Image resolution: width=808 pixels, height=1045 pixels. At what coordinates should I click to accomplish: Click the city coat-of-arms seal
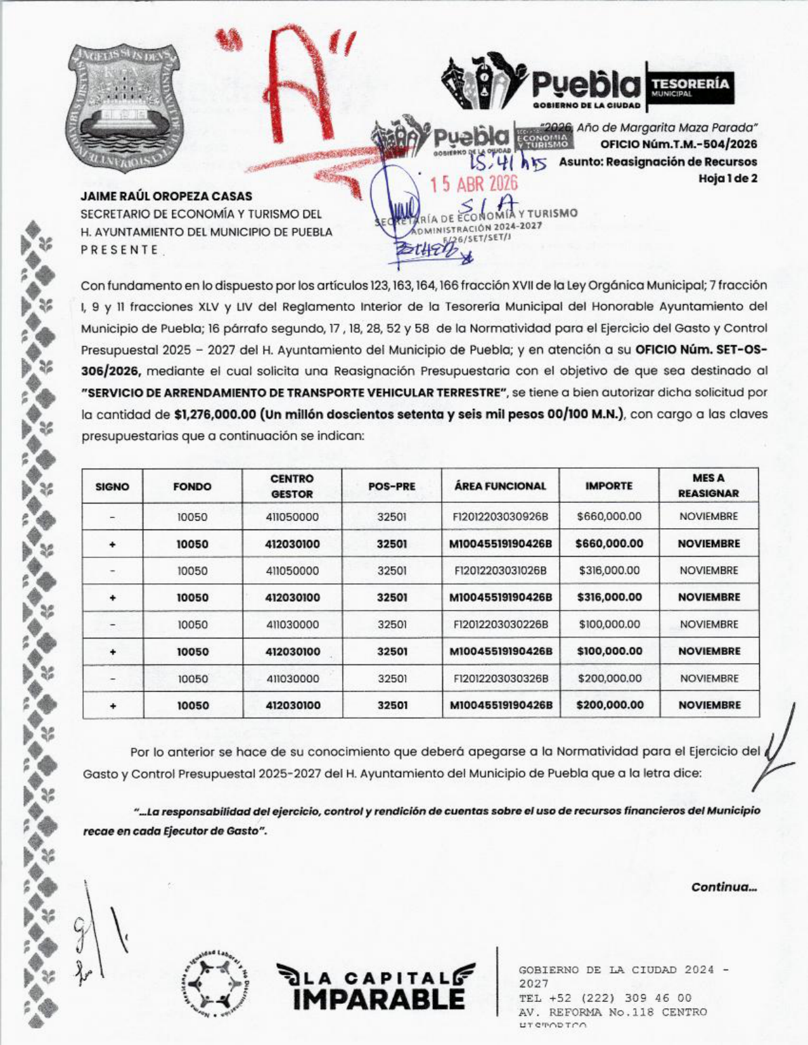click(x=124, y=109)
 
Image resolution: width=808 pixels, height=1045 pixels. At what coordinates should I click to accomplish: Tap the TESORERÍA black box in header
click(x=689, y=83)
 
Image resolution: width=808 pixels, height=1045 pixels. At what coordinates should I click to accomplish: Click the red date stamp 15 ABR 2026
click(x=474, y=184)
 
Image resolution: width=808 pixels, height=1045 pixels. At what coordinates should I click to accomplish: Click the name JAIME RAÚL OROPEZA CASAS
click(x=166, y=196)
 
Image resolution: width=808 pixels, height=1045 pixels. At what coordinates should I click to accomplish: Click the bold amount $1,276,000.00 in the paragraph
click(x=214, y=414)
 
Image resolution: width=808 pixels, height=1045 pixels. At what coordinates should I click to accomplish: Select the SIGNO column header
click(x=112, y=486)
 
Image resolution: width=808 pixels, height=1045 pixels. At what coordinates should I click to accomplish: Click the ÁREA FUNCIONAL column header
click(x=500, y=486)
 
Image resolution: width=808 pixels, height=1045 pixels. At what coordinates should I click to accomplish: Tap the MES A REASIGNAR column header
click(x=709, y=486)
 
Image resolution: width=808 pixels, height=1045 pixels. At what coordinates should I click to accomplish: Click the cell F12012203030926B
click(x=500, y=517)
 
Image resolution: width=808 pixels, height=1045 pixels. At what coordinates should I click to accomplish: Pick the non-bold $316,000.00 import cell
click(x=609, y=571)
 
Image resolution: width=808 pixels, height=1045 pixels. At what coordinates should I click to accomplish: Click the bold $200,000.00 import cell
click(x=610, y=705)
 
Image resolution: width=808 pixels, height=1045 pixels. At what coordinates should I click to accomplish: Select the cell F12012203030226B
click(x=501, y=624)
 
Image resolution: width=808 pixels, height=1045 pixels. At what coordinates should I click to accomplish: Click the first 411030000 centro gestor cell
click(x=292, y=624)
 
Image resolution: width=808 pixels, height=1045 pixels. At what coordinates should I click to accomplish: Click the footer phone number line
click(x=605, y=998)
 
